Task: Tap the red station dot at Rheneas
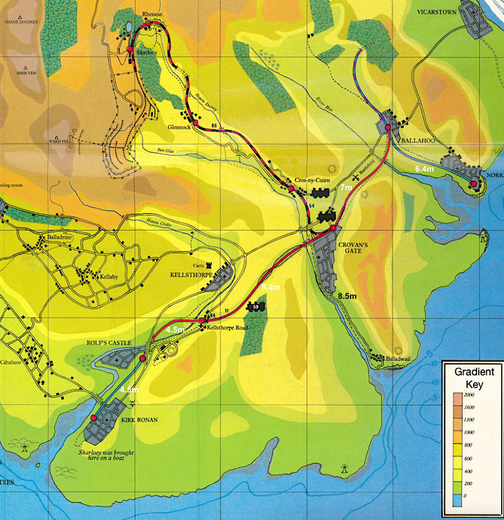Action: [148, 23]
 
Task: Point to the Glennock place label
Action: [179, 127]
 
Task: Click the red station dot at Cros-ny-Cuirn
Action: [290, 188]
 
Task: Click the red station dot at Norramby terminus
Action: [474, 183]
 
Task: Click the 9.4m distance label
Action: [270, 286]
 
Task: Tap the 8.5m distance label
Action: [347, 296]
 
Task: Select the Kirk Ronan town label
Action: [140, 419]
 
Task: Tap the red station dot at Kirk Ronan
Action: [94, 417]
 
